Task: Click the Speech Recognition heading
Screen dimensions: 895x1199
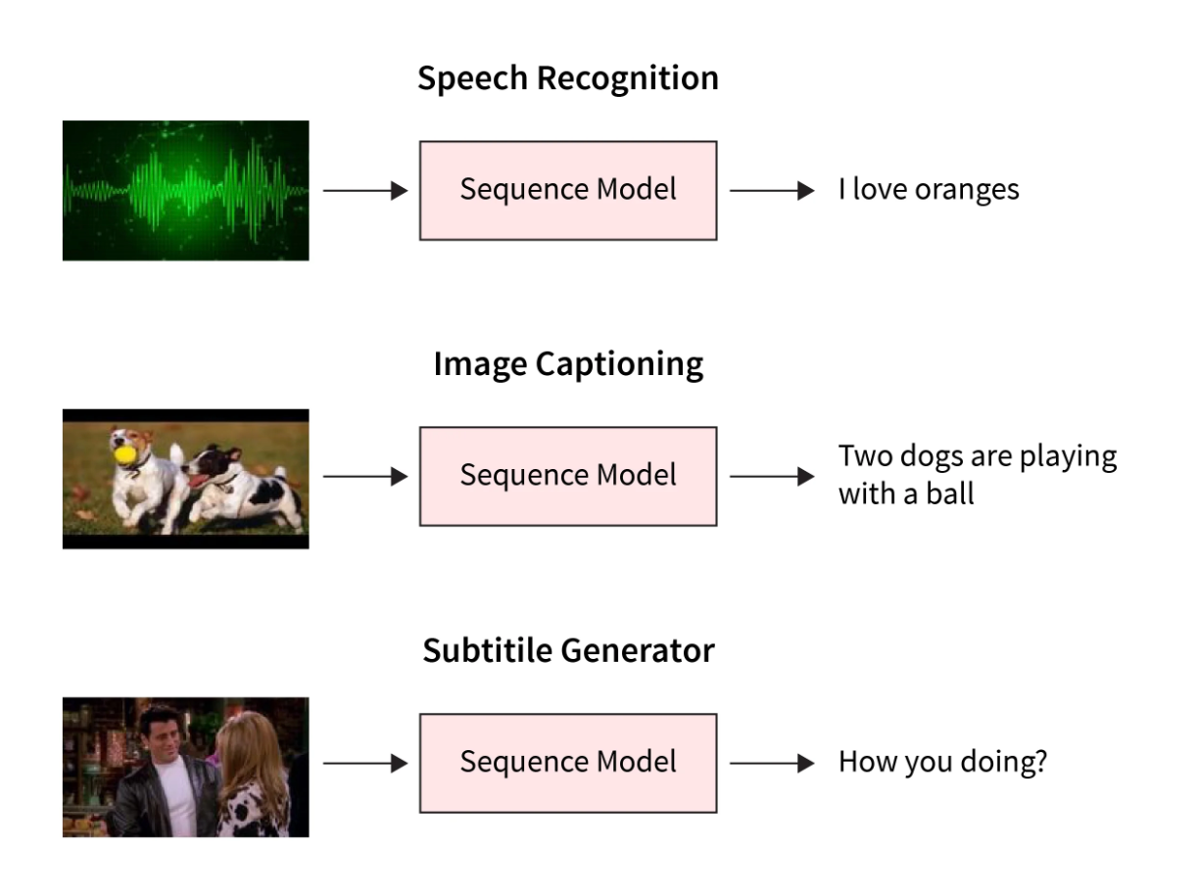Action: [567, 79]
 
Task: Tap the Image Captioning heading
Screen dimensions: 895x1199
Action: [567, 365]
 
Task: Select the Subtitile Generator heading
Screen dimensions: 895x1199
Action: [567, 650]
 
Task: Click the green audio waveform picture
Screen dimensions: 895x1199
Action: [185, 190]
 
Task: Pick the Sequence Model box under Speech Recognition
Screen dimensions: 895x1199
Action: [567, 190]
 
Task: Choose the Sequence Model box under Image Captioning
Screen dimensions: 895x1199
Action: [567, 476]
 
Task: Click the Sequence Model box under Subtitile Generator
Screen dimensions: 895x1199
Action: [567, 762]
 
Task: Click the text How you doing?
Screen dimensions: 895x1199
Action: [942, 762]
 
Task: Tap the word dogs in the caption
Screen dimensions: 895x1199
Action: [938, 457]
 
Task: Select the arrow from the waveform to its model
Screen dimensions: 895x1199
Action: [364, 190]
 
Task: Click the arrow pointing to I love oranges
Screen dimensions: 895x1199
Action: [772, 190]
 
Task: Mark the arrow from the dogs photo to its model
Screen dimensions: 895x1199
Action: [364, 477]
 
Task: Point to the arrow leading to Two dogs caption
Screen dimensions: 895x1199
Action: [772, 477]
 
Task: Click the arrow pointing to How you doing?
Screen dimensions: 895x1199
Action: [772, 763]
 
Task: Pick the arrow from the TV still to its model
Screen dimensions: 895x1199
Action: [364, 763]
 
